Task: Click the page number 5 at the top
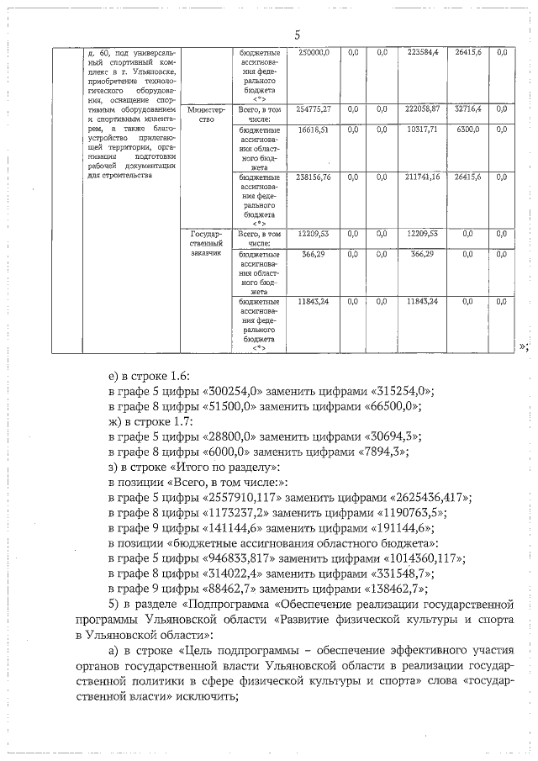[x=297, y=34]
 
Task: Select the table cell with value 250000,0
[x=314, y=52]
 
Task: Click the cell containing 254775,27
[x=314, y=109]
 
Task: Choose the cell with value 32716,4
[x=467, y=109]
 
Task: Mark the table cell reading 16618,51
[x=314, y=130]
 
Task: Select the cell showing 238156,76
[x=314, y=177]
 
